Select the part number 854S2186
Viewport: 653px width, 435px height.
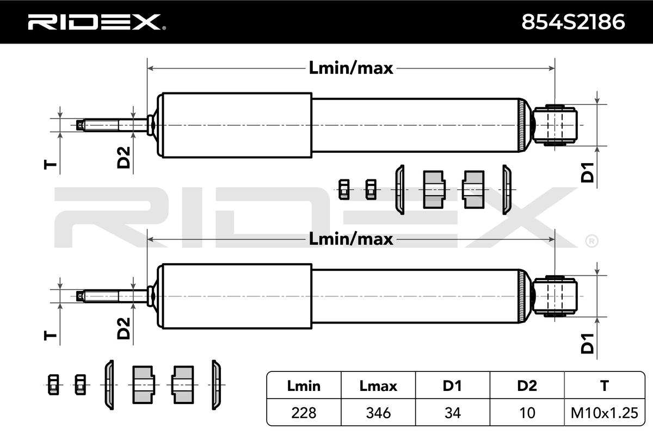point(573,22)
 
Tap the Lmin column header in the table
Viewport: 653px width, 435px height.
point(304,386)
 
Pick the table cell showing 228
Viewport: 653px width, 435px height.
point(304,413)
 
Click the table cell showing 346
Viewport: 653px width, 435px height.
point(378,413)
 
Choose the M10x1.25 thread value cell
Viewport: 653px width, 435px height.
point(605,413)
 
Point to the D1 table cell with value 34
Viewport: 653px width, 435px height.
point(453,413)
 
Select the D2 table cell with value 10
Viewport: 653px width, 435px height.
point(527,413)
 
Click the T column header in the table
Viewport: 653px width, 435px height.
point(605,386)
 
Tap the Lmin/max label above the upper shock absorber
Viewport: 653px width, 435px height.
point(350,68)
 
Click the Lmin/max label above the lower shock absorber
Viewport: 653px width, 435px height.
point(350,239)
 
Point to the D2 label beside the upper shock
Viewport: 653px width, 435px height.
point(124,158)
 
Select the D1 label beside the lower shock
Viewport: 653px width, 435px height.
point(587,344)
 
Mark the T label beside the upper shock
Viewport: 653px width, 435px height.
point(50,164)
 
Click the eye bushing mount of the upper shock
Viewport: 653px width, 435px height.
point(555,125)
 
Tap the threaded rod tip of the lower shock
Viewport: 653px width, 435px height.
point(81,296)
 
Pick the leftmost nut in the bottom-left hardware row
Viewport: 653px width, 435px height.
point(53,384)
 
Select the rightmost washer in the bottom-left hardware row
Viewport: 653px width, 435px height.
point(216,385)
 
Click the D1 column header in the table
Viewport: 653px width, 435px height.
point(453,386)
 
